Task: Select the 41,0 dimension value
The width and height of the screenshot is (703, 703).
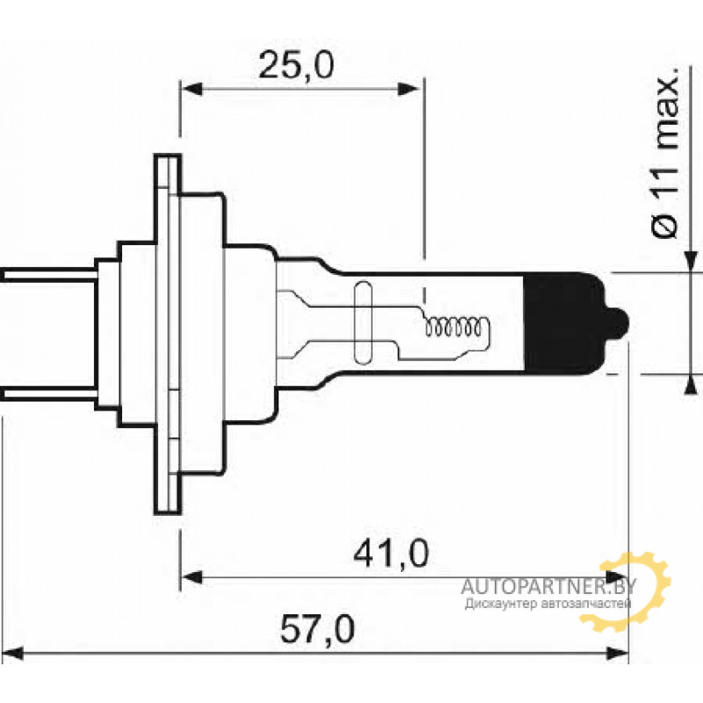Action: (x=391, y=554)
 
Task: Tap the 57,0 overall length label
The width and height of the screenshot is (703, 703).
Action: (x=318, y=629)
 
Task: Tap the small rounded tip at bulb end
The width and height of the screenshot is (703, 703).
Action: (x=619, y=323)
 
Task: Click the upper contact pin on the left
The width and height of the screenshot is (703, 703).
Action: (x=48, y=275)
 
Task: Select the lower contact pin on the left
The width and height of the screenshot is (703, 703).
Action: (x=48, y=394)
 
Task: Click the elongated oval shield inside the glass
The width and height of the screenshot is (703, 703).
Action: (x=363, y=323)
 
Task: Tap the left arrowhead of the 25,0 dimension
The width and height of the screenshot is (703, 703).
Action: (x=192, y=89)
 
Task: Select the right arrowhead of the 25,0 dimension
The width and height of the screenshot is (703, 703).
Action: (x=410, y=89)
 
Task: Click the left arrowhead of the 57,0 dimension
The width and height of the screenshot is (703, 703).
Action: (x=11, y=653)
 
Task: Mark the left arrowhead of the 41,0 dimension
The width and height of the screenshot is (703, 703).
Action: (x=192, y=577)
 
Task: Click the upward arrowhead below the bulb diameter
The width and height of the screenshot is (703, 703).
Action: (x=692, y=385)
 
